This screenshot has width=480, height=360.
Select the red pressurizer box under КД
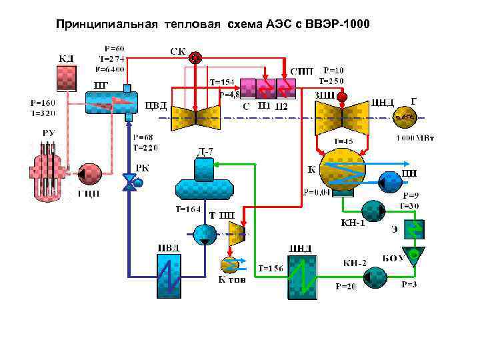point(67,77)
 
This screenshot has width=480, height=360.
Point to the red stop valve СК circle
point(195,58)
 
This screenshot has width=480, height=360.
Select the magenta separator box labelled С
point(247,88)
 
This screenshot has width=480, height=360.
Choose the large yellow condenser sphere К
point(343,171)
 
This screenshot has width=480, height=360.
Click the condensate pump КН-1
point(373,211)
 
